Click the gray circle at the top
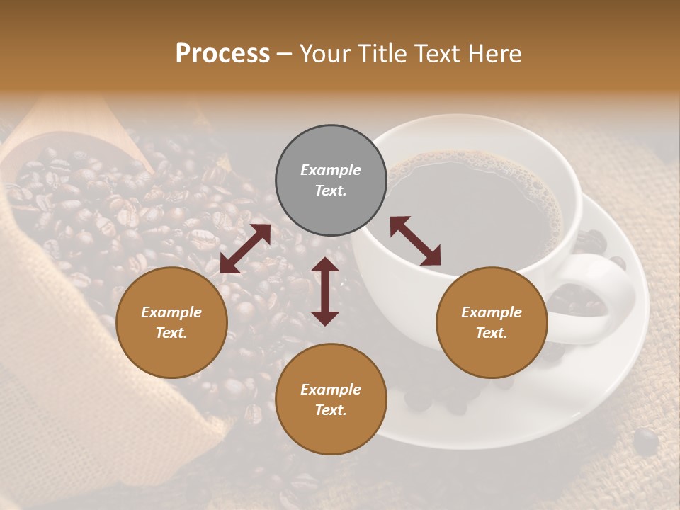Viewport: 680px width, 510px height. click(x=331, y=181)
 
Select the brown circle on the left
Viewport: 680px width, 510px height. click(x=171, y=322)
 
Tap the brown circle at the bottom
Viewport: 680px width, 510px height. click(x=331, y=399)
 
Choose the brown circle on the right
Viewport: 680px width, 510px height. click(x=492, y=322)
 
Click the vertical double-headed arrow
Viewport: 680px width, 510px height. click(x=325, y=291)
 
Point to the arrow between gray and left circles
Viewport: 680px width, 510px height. click(x=245, y=249)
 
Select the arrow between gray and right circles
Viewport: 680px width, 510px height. click(x=415, y=241)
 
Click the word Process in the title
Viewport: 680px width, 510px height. click(x=222, y=53)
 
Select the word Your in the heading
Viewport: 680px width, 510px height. click(x=324, y=53)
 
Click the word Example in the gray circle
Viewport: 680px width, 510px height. click(x=331, y=170)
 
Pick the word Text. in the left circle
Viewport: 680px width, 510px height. click(x=171, y=333)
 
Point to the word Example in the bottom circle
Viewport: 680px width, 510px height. click(x=331, y=389)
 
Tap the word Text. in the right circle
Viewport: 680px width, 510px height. click(x=492, y=333)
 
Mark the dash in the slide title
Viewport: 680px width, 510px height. click(x=285, y=53)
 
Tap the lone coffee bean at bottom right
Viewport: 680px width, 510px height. click(x=645, y=441)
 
